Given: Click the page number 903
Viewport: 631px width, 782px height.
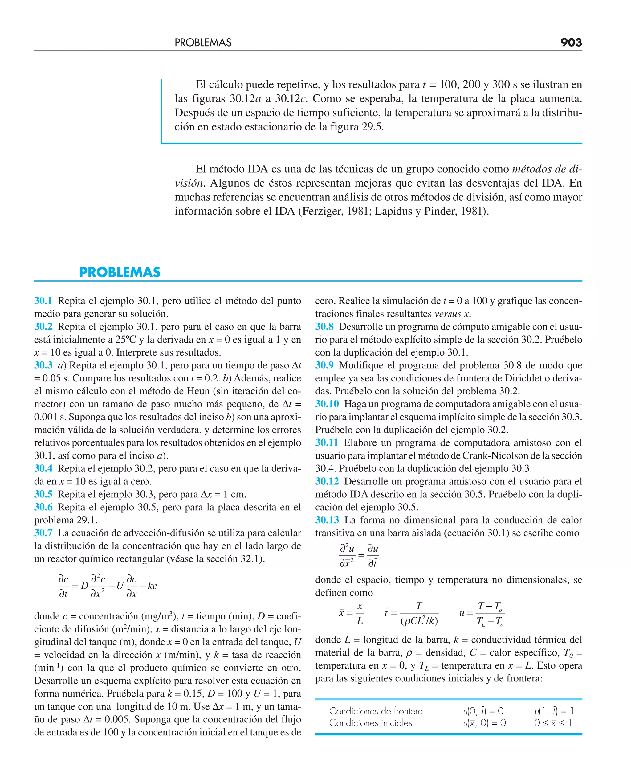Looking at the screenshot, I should coord(571,43).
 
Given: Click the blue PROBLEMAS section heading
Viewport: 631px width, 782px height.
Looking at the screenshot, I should coord(120,272).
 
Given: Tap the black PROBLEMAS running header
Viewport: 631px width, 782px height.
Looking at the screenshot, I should coord(203,43).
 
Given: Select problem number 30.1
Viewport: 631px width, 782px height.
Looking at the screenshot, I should coord(43,301).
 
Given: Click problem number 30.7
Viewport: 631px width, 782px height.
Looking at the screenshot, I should coord(43,533).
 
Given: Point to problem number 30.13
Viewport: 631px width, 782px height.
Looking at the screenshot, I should coord(327,520).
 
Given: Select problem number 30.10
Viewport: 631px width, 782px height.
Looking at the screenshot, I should coord(327,404).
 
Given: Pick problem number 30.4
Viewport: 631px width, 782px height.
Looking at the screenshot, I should coord(43,468).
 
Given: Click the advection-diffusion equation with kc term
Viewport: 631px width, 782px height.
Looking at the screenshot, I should coord(107,586).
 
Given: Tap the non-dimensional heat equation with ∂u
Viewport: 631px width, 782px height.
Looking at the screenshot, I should coord(358,556).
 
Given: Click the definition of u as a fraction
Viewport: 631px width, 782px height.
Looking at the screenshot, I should coord(482,614).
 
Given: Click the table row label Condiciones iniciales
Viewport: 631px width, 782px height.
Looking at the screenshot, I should coord(370,723).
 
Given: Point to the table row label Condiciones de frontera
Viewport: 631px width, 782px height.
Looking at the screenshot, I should coord(376,711).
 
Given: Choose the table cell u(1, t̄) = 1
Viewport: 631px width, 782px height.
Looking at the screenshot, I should coord(554,711).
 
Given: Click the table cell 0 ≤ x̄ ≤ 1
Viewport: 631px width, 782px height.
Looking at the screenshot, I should coord(553,723).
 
